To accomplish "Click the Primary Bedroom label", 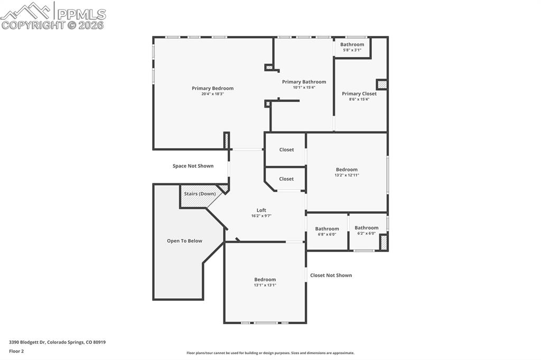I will [212, 88].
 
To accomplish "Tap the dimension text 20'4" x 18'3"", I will [212, 94].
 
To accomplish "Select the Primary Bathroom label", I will [304, 82].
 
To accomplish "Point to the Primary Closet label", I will [359, 93].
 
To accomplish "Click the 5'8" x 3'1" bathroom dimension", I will [352, 50].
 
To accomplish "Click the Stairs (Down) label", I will [199, 194].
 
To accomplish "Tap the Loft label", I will [262, 210].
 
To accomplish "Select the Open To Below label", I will [184, 241].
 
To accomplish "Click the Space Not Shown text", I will [193, 166].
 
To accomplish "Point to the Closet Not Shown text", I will [331, 275].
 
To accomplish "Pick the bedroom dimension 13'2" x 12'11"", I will [347, 175].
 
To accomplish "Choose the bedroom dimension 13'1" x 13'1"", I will [265, 285].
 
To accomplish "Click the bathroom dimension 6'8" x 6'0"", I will [327, 234].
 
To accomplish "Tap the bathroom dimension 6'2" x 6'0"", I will [366, 233].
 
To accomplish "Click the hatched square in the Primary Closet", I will [381, 84].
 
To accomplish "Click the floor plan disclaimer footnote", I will [270, 353].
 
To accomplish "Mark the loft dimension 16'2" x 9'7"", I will [262, 216].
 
